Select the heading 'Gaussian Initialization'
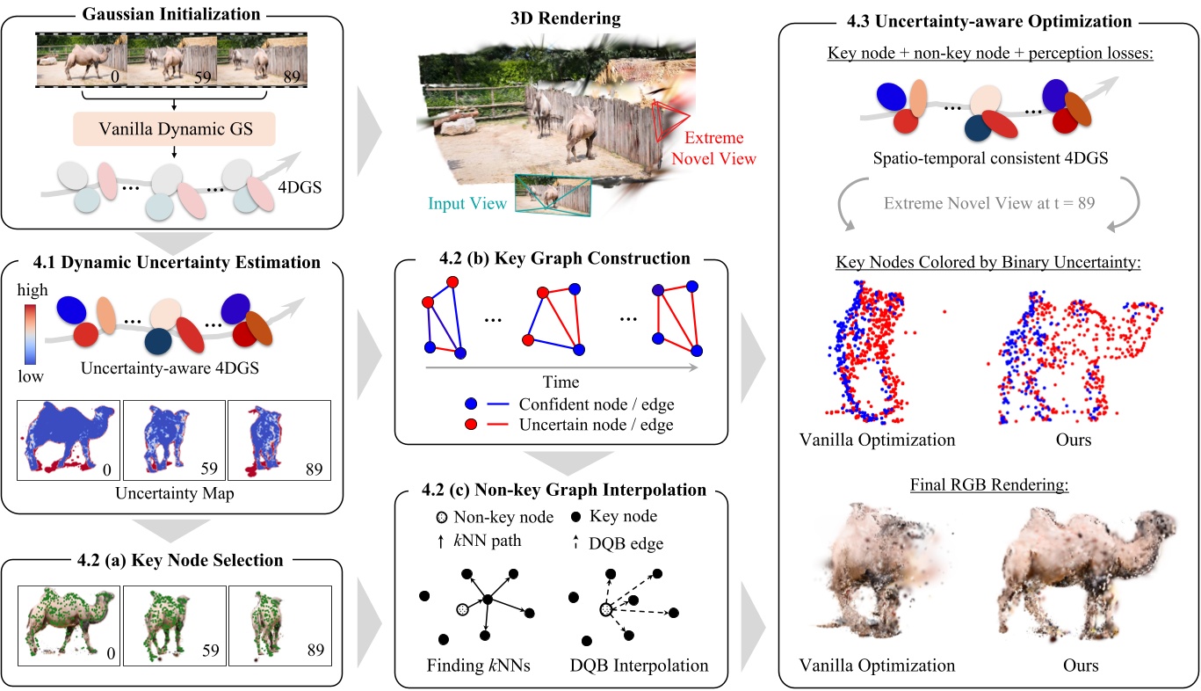(x=173, y=15)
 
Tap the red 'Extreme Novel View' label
(x=713, y=149)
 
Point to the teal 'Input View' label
(x=467, y=204)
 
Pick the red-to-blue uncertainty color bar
(x=31, y=331)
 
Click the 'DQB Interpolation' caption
(x=636, y=665)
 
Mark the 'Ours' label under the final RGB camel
(x=1074, y=665)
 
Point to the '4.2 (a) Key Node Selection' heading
(x=171, y=560)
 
